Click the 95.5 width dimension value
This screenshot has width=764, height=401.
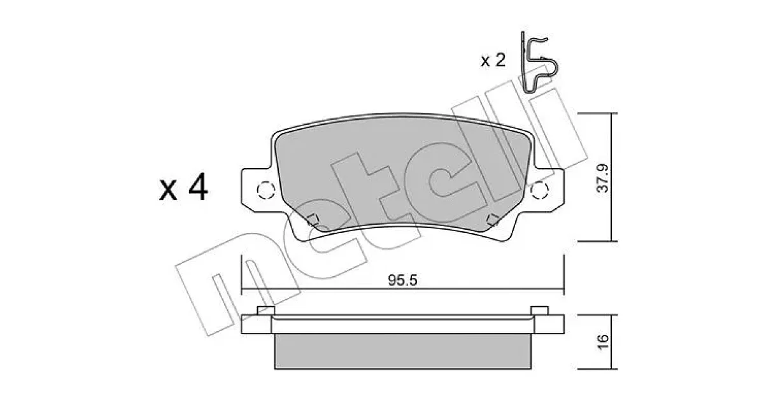pos(402,280)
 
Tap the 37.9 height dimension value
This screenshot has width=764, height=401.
pos(604,178)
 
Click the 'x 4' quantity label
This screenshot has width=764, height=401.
pos(183,187)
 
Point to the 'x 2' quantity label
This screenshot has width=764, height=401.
pos(493,60)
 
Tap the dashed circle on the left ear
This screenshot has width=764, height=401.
pos(265,190)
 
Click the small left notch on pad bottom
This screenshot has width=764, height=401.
pos(313,220)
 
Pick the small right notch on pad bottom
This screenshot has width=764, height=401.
pos(493,220)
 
